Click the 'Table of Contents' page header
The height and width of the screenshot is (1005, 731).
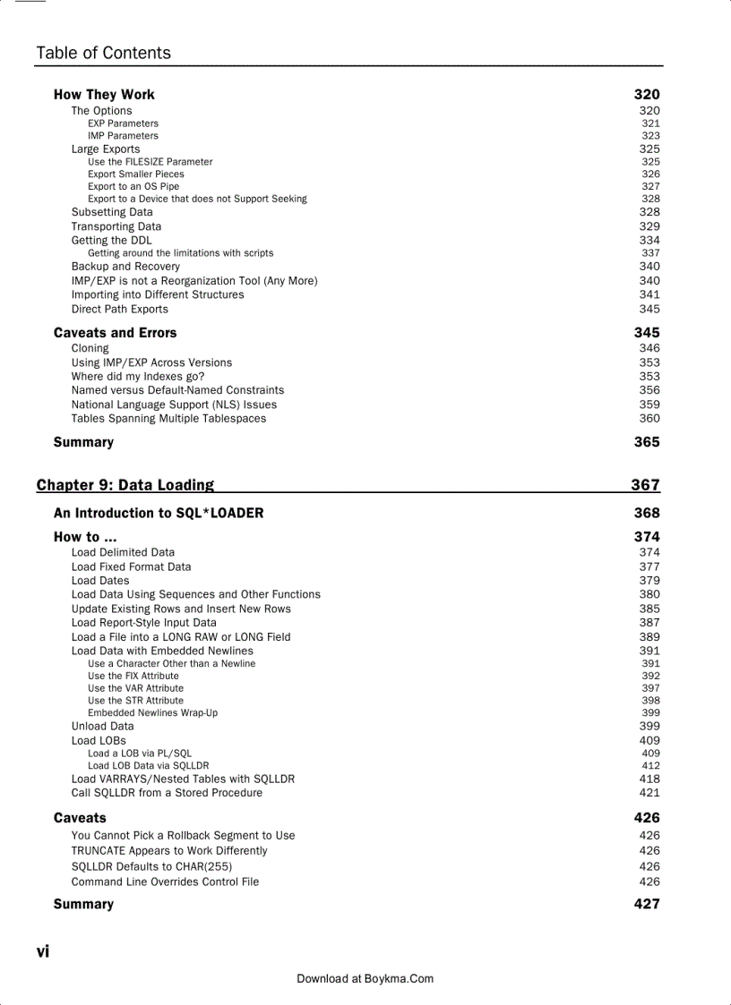tap(103, 53)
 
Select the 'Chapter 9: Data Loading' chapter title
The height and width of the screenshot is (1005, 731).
tap(125, 485)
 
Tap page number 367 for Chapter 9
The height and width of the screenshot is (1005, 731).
tap(645, 485)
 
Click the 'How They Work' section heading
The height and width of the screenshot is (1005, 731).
tap(104, 94)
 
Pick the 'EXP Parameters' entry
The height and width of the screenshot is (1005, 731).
tap(123, 123)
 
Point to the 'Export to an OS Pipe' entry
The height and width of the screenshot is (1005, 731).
tap(133, 186)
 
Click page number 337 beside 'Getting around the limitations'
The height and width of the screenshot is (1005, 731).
tap(650, 253)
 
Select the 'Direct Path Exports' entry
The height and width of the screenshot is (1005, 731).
tap(120, 309)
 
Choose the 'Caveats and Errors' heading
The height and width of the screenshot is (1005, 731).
tap(115, 333)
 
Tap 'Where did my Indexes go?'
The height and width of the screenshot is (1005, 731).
tap(138, 377)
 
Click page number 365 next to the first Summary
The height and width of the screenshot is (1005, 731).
tap(647, 442)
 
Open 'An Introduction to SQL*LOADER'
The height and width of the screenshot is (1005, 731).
tap(159, 513)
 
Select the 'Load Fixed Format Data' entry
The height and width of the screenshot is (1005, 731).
tap(131, 566)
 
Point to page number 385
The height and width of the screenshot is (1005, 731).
tap(649, 609)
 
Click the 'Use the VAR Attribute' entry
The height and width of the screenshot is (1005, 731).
tap(135, 688)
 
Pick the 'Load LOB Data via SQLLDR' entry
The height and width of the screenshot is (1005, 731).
tap(148, 765)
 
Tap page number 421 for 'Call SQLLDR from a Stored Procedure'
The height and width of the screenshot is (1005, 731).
tap(649, 793)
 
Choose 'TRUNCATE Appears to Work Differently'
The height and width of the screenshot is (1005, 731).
tap(169, 851)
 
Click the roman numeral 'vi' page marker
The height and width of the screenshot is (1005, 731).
tap(43, 951)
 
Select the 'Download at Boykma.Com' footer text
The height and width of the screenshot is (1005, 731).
tap(365, 979)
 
